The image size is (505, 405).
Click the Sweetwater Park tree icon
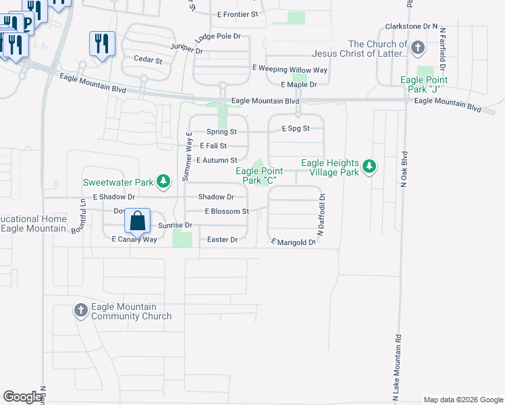coord(163,181)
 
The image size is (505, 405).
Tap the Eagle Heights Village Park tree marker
coord(369,166)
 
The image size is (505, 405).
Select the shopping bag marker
coord(137,221)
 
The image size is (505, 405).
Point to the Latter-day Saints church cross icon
coord(418,47)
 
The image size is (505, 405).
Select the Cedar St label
coord(149,60)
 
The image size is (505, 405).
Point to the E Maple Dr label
coord(298,84)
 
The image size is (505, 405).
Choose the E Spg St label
coord(295,128)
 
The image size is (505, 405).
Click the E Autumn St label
coord(217,161)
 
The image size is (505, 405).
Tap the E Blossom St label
coord(228,211)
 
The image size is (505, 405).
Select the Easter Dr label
coord(222,240)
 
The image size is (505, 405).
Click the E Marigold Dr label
coord(293,242)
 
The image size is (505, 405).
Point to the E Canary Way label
coord(134,239)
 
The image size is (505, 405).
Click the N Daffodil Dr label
coord(323,215)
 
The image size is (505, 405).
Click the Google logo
coord(22,397)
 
